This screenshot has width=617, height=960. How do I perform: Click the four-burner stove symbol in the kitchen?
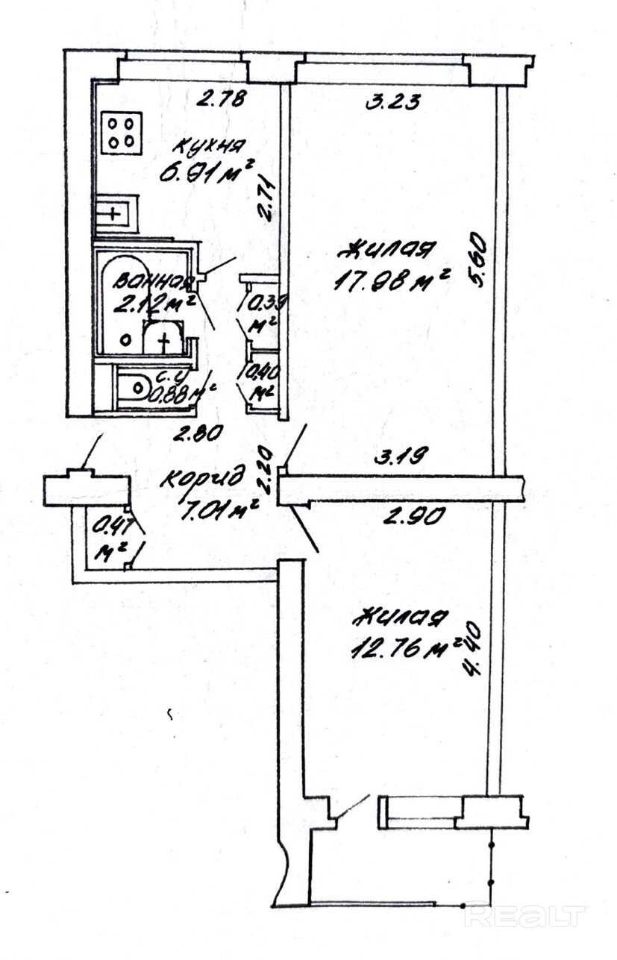(122, 133)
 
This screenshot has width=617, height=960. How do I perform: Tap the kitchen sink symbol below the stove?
(116, 214)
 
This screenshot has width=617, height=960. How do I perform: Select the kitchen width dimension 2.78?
(220, 98)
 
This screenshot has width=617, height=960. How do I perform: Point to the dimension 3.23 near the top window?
(392, 101)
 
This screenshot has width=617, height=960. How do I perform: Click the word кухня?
(199, 145)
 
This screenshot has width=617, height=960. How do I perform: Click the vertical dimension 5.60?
(477, 260)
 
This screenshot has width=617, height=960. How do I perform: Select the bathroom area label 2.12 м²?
(154, 304)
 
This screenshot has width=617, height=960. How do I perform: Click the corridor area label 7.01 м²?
(219, 511)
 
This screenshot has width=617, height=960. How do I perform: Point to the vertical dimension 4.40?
(473, 650)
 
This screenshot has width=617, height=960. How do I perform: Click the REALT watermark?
(525, 916)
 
